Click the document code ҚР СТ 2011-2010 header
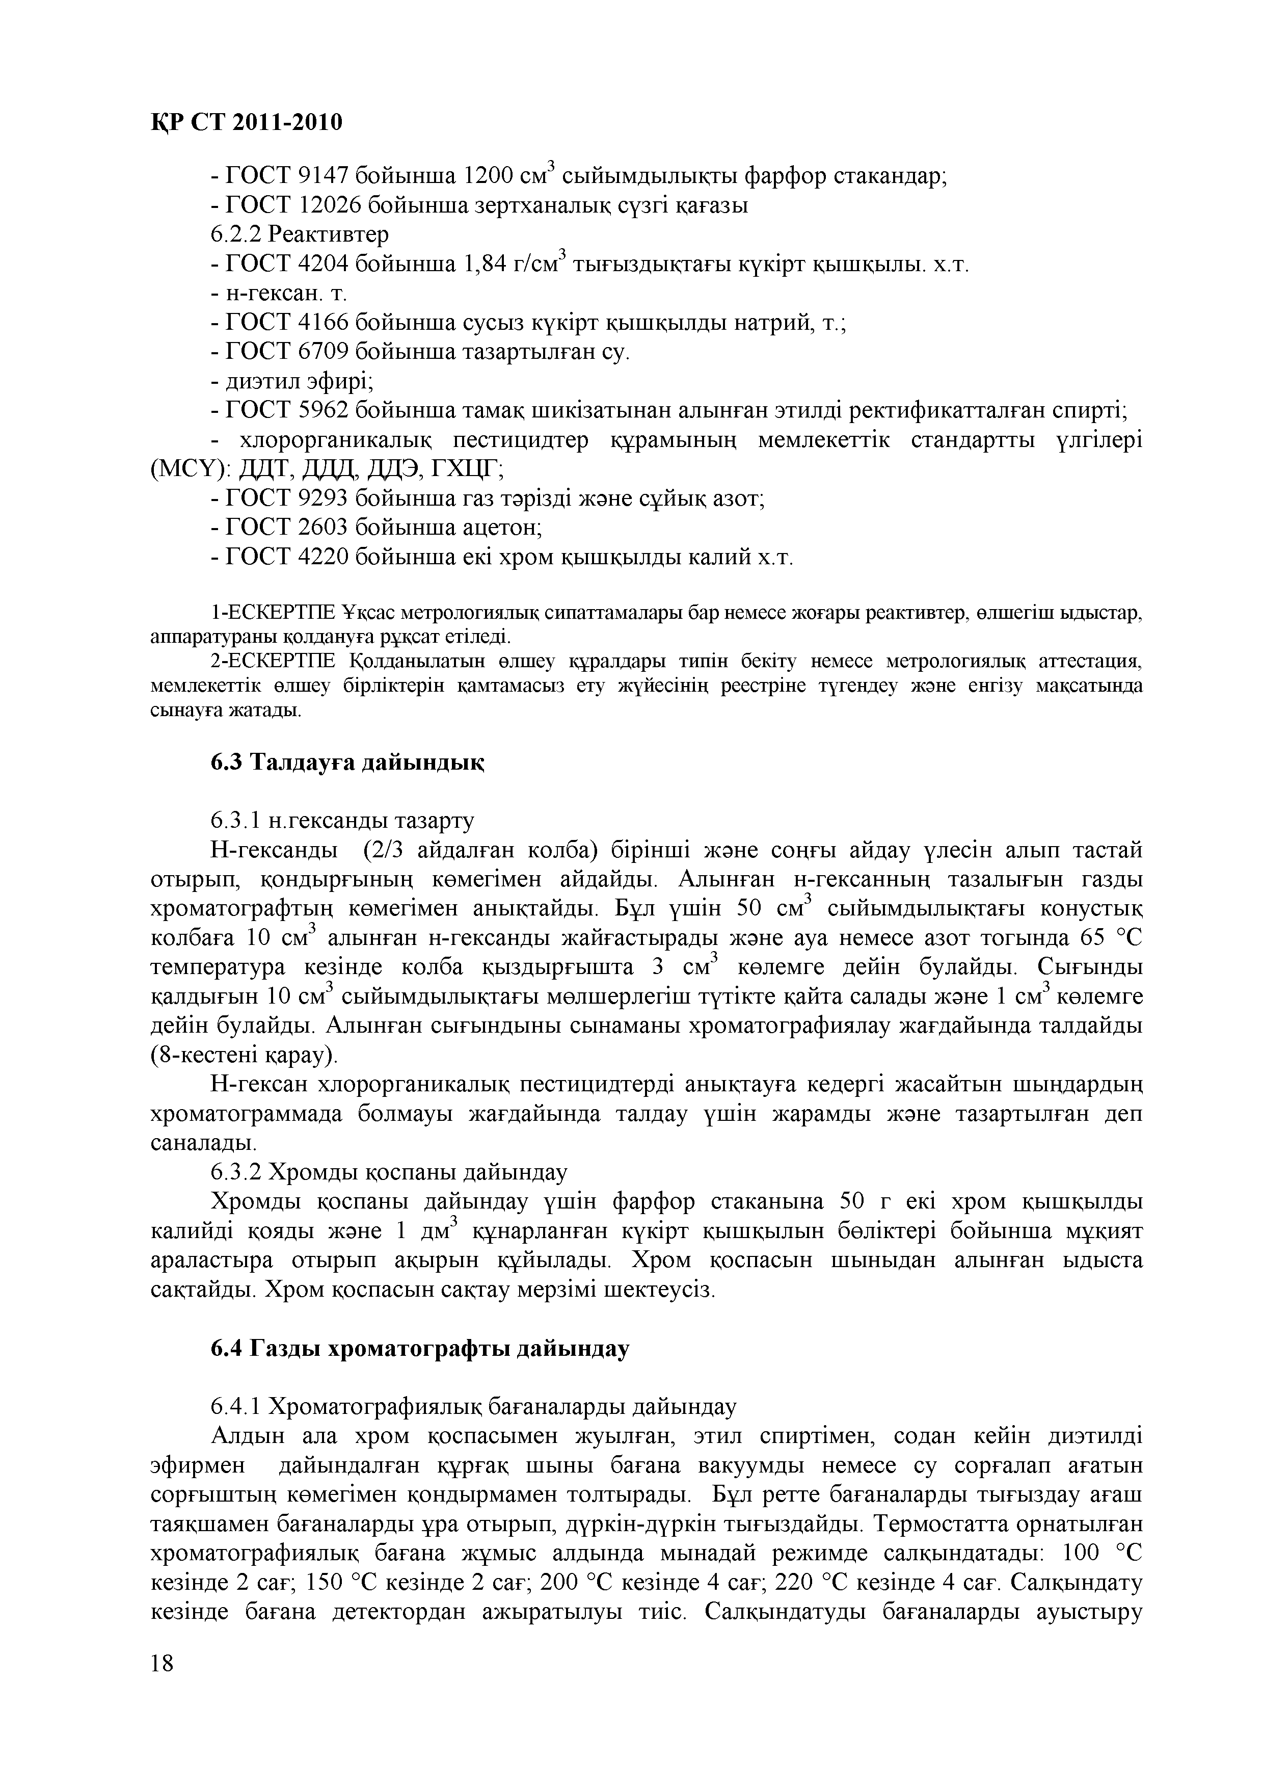245,122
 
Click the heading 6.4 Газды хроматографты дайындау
420,1348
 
